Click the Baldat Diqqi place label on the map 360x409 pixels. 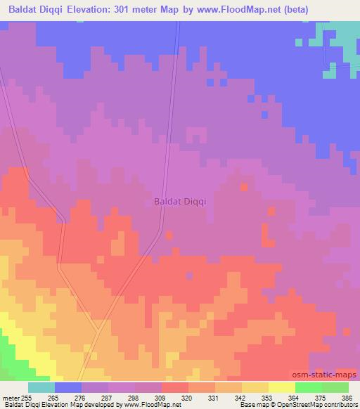(179, 202)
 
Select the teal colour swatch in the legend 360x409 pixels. (41, 387)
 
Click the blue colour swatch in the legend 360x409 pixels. (68, 387)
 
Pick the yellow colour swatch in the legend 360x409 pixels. (281, 387)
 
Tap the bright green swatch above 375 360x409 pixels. (308, 387)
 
